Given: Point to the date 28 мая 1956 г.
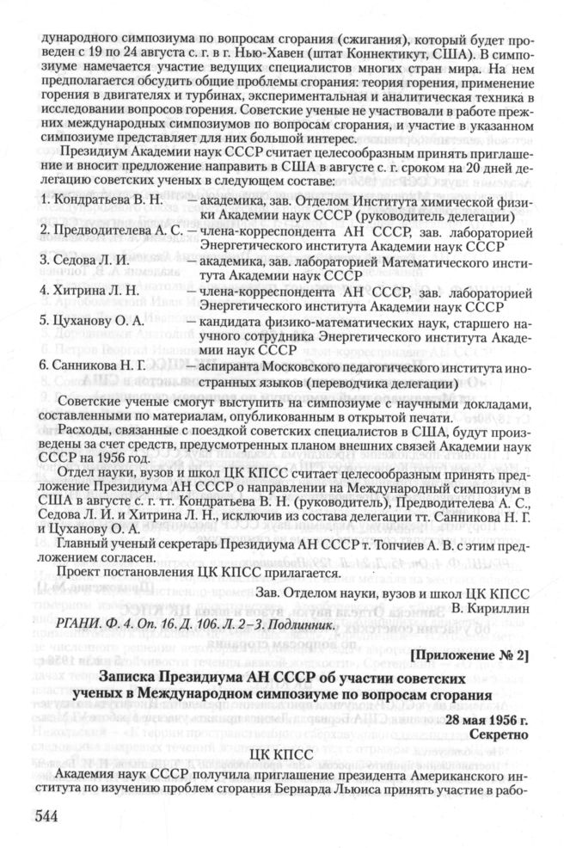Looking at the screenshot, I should [x=486, y=719].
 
